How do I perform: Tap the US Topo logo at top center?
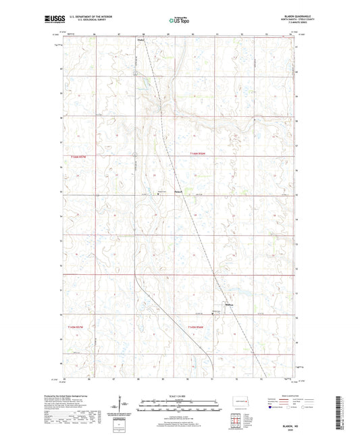tap(177, 22)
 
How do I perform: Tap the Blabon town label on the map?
tap(141, 39)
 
